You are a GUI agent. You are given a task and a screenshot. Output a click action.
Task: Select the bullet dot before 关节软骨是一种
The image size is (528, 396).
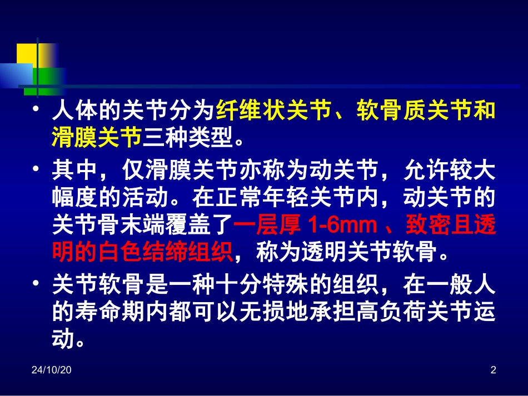click(x=36, y=286)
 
